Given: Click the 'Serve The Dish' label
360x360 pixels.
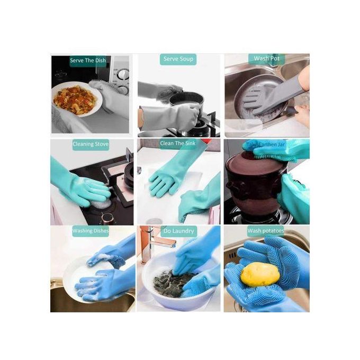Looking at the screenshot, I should tap(88, 60).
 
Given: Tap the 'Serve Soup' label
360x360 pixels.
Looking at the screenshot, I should tap(178, 59).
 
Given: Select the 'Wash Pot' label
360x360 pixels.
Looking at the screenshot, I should tap(267, 59).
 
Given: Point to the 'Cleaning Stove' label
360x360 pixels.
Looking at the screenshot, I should tap(91, 144).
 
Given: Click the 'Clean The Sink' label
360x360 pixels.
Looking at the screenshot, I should tap(178, 143).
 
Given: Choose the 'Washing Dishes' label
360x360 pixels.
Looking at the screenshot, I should tap(90, 231).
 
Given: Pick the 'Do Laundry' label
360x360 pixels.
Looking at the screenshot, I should tap(178, 231).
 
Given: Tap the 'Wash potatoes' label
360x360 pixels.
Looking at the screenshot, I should tap(265, 231).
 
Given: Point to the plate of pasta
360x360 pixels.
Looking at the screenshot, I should tap(77, 100).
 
